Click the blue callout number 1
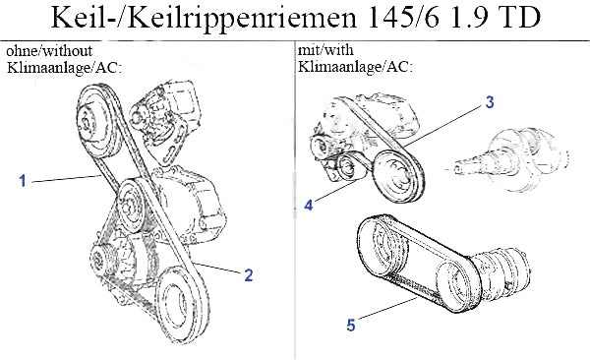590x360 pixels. click(23, 181)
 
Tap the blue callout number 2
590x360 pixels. click(249, 275)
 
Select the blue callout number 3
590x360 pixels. click(489, 102)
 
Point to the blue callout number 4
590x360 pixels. click(309, 206)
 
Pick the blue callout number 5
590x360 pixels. click(351, 325)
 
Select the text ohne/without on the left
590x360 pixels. click(49, 50)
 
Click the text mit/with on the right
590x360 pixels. click(325, 50)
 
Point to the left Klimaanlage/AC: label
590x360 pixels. click(64, 68)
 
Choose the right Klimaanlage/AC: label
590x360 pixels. click(356, 67)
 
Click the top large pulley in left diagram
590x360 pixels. click(97, 121)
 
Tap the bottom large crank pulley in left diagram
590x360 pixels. click(180, 304)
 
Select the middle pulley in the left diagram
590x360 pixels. click(130, 206)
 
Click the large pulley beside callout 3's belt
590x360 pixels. click(398, 176)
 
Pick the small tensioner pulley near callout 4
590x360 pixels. click(347, 166)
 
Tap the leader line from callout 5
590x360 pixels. click(387, 309)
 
